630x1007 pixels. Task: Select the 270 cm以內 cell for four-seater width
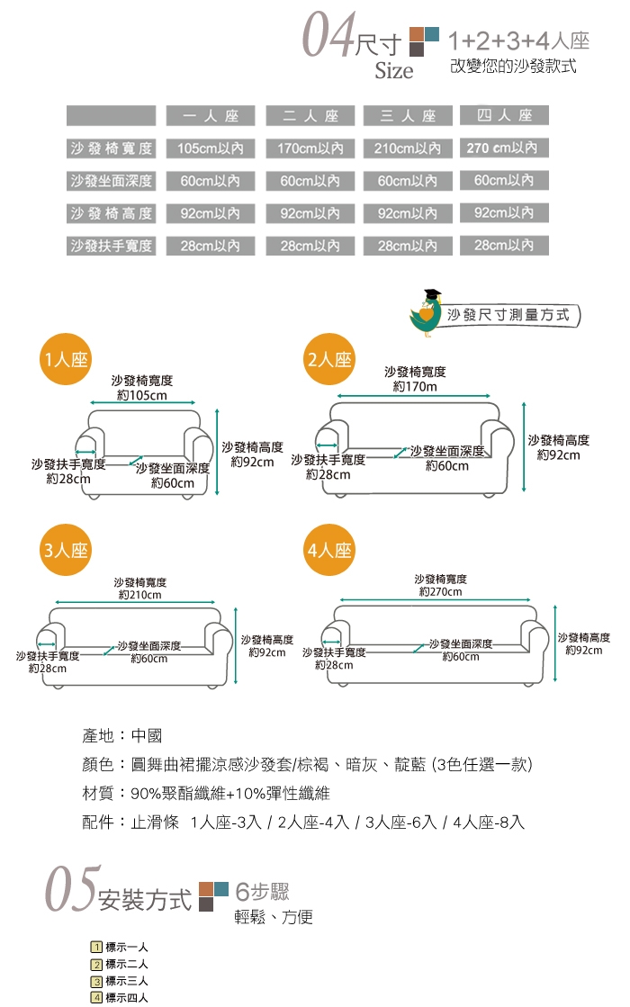pos(504,148)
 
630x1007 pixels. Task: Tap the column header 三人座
pos(408,116)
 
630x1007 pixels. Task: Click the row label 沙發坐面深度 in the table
pos(111,181)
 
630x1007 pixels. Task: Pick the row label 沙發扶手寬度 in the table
pos(111,246)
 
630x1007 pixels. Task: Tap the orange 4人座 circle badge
pos(329,551)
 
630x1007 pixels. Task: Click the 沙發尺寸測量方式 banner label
pos(508,315)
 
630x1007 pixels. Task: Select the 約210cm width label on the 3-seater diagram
pos(140,595)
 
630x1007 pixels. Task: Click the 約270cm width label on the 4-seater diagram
pos(440,592)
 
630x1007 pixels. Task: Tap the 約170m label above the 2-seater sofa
pos(415,387)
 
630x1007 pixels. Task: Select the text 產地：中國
pos(122,736)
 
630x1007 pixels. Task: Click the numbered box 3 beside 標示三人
pos(96,981)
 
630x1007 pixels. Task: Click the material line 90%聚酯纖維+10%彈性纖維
pos(205,794)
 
